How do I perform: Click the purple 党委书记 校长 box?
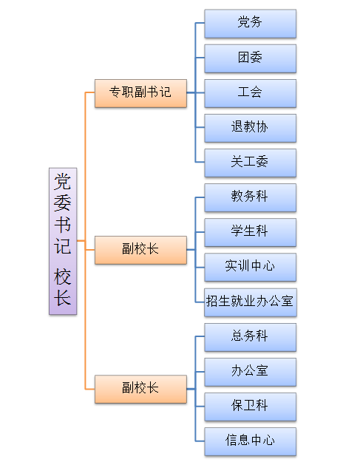coord(63,241)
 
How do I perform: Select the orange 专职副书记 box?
coord(140,93)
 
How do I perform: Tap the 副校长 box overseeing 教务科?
coord(140,250)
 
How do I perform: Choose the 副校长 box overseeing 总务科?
coord(140,389)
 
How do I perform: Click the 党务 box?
coord(250,24)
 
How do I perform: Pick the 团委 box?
coord(250,58)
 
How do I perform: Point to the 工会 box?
coord(250,93)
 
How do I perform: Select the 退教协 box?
coord(250,128)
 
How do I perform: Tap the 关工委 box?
coord(250,163)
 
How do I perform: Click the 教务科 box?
coord(250,197)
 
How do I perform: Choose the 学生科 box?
coord(250,232)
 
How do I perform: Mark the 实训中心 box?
coord(250,267)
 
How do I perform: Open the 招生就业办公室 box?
coord(251,302)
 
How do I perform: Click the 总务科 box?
coord(250,337)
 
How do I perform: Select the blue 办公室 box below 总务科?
coord(250,372)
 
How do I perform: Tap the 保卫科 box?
coord(250,407)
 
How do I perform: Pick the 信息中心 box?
coord(250,441)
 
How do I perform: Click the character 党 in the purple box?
coord(62,182)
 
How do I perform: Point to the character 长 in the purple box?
coord(62,298)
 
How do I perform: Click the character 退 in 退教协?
coord(237,127)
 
